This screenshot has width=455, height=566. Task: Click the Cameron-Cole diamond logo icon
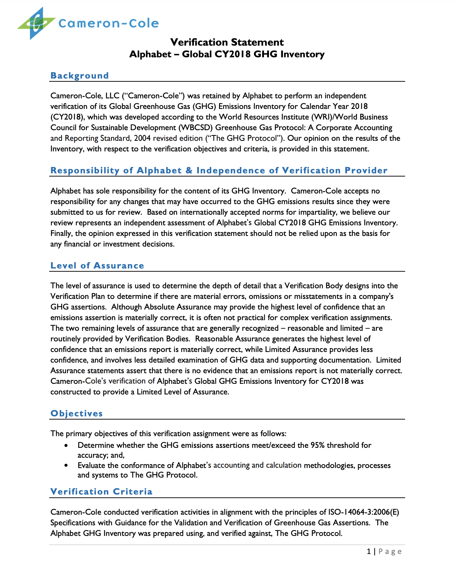36,23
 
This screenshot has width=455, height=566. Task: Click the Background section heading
80,76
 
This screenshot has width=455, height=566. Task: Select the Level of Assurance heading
97,266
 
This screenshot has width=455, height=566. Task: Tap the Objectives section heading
77,414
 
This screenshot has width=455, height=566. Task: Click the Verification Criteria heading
102,492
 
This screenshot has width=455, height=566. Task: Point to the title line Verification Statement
227,42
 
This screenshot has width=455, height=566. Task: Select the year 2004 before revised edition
142,138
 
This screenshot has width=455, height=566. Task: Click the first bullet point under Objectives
66,446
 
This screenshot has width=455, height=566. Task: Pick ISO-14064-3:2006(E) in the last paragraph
363,512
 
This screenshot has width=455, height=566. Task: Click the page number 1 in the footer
369,551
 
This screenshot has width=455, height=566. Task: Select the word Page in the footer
390,551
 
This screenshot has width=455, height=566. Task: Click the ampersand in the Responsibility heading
189,171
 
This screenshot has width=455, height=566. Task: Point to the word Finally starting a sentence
61,233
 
